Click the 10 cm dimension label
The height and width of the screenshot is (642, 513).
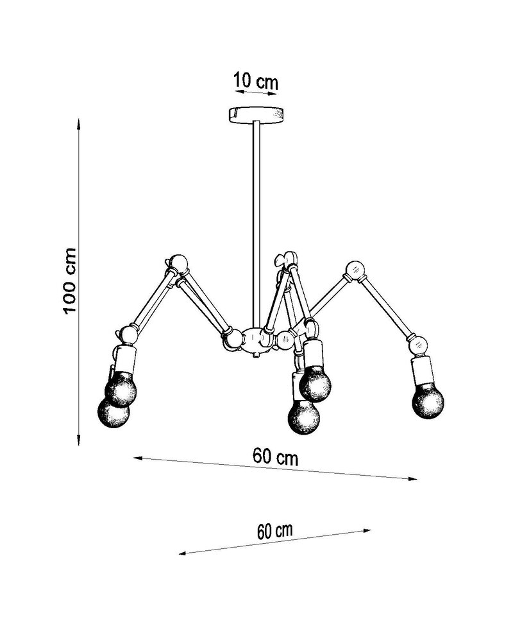pyautogui.click(x=256, y=81)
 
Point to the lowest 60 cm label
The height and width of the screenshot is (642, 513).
pyautogui.click(x=275, y=531)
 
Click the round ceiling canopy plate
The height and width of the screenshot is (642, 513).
pyautogui.click(x=256, y=114)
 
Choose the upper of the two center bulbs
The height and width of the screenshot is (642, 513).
pyautogui.click(x=315, y=385)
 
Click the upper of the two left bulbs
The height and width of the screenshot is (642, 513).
pyautogui.click(x=121, y=388)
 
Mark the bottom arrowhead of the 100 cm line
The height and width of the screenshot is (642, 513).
pyautogui.click(x=79, y=440)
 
